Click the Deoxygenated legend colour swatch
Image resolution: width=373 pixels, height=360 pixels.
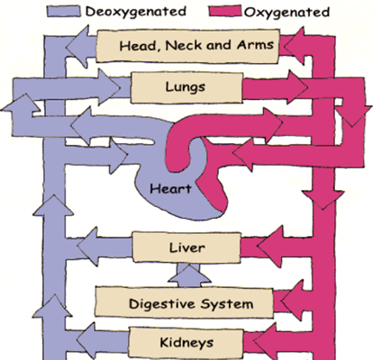[x=64, y=12]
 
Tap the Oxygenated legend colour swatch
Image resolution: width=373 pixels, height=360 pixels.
[x=225, y=11]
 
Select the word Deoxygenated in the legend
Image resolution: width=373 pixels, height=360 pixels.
[x=136, y=12]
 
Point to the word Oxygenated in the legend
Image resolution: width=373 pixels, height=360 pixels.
[x=287, y=13]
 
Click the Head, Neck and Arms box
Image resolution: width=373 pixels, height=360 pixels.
[x=187, y=46]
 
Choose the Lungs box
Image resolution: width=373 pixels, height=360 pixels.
[x=186, y=87]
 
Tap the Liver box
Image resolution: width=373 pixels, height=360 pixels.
[x=186, y=247]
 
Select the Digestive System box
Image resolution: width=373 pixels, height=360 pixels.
[x=184, y=302]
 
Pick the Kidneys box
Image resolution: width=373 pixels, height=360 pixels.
[x=186, y=343]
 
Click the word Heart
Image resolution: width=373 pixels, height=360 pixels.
[x=170, y=189]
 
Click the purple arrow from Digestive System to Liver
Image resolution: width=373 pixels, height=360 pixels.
[x=189, y=275]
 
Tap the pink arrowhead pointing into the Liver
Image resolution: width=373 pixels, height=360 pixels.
[x=270, y=247]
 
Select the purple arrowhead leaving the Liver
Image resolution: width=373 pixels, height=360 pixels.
[x=87, y=247]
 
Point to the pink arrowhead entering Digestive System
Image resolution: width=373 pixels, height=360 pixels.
[x=293, y=300]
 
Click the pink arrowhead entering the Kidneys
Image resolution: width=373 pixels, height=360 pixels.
[x=266, y=341]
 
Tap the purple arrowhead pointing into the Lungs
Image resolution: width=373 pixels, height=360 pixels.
[x=109, y=87]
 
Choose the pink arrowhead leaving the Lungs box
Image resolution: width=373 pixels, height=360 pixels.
[x=297, y=87]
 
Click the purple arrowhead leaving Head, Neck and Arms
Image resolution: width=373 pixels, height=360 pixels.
[x=77, y=47]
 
